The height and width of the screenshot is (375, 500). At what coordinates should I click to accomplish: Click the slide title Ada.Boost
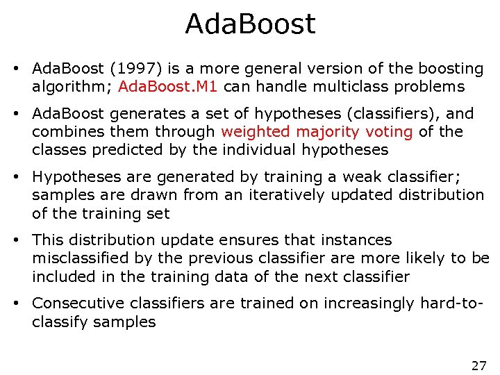coord(250,24)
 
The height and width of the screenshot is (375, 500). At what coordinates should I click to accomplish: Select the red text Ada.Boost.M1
coord(168,87)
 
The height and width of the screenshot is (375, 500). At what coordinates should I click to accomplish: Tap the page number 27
coord(478,365)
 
